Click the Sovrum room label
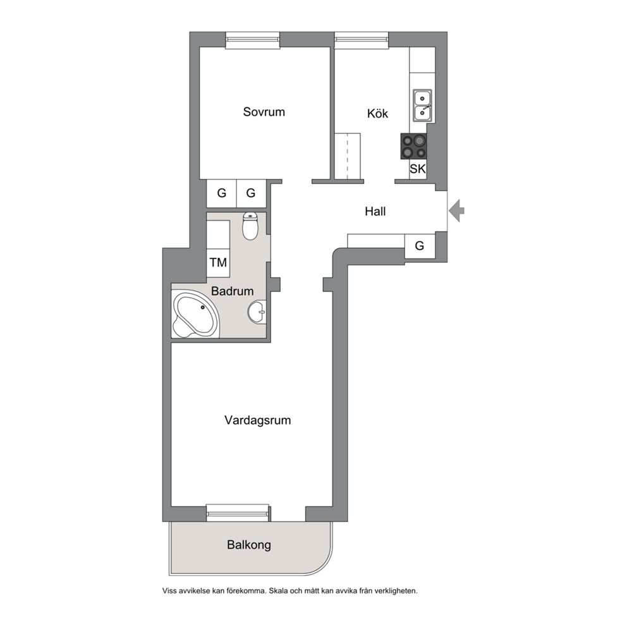[x=264, y=112]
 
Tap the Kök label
[x=377, y=113]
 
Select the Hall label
[x=375, y=211]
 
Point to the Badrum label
[x=233, y=291]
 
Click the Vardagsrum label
[x=257, y=420]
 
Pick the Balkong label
[x=249, y=545]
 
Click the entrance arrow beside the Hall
[x=456, y=210]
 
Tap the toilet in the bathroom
[x=250, y=226]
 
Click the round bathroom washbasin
[x=257, y=312]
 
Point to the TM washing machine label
[x=218, y=262]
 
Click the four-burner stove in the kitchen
[x=413, y=147]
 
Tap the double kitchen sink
[x=422, y=105]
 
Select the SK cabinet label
[x=418, y=169]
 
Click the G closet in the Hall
[x=420, y=245]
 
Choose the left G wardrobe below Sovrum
[x=221, y=193]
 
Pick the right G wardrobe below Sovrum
[x=251, y=193]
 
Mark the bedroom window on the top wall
[x=252, y=40]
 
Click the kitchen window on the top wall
[x=362, y=40]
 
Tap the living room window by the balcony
[x=238, y=513]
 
